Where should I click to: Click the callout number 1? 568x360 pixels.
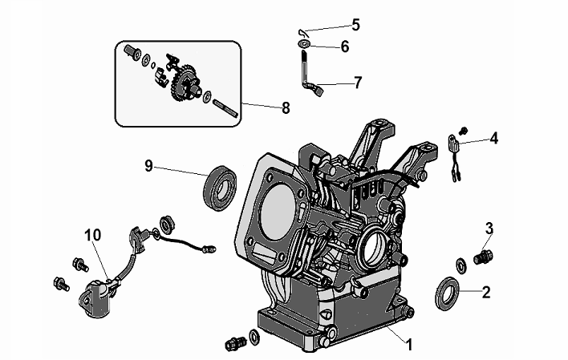pos(409,345)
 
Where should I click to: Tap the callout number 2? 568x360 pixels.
pos(486,292)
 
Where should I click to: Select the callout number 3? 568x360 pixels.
pos(489,229)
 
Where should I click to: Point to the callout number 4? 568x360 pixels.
pos(493,138)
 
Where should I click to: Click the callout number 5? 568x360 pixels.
pos(356,25)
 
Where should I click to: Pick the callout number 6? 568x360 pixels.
pos(345,47)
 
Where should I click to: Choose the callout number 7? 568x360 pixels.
pos(358,83)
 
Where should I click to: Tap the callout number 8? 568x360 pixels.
pos(286,107)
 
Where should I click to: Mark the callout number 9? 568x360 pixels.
pos(148,166)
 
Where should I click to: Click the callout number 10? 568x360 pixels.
pos(93,235)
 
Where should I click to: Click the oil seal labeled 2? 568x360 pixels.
pos(446,293)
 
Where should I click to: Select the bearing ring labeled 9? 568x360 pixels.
pos(220,188)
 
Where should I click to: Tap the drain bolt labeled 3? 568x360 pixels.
pos(483,257)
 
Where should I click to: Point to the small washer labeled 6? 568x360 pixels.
pos(304,44)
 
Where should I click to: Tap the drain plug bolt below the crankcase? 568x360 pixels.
pos(235,343)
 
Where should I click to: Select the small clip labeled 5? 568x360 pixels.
pos(302,33)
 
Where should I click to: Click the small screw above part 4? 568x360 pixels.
pos(463,129)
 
